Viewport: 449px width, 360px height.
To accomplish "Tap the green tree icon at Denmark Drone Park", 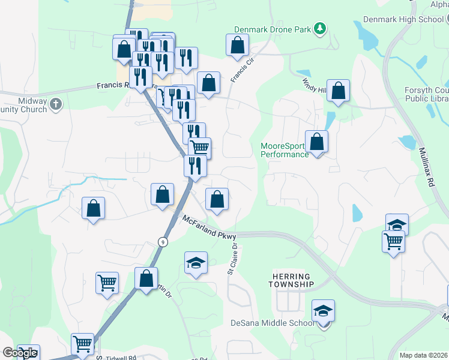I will pos(321,28).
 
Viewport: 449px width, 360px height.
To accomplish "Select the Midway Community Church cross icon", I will pos(56,104).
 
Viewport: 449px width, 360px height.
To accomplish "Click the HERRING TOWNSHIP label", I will pos(291,279).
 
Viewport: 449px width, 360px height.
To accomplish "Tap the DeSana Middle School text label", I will pos(272,323).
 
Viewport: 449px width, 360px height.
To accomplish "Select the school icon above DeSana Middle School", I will pos(323,311).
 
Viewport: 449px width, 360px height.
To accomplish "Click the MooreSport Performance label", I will pos(285,150).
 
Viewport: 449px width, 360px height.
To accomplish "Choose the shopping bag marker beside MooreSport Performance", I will pos(316,142).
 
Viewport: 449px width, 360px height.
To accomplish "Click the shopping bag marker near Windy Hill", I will pos(339,91).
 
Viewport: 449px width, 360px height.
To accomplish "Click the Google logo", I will pos(19,353).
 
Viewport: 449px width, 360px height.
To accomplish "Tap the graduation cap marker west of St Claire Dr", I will pos(195,263).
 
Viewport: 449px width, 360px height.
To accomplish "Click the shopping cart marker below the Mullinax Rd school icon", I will pos(393,242).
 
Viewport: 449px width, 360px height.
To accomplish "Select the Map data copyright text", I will pos(423,355).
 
